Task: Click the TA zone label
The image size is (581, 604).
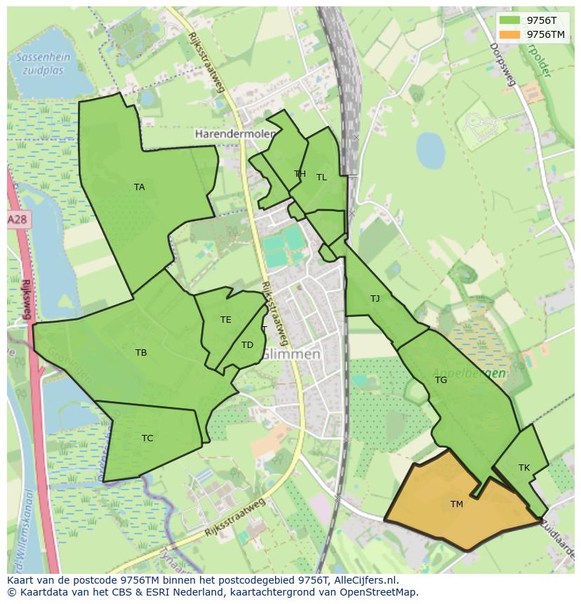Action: (139, 187)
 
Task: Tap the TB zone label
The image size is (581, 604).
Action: (141, 353)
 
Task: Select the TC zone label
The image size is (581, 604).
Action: (147, 438)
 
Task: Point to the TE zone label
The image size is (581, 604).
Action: (225, 320)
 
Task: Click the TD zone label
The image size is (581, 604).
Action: (247, 344)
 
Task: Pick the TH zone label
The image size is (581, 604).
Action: (300, 174)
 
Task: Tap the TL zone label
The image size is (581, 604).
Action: (321, 177)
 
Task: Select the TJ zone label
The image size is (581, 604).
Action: (375, 299)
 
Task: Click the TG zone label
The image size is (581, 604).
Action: (441, 380)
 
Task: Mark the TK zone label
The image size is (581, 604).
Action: (524, 467)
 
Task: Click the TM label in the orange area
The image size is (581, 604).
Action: (457, 504)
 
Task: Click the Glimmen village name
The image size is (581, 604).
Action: (290, 354)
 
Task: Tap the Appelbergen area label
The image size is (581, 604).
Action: (469, 373)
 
